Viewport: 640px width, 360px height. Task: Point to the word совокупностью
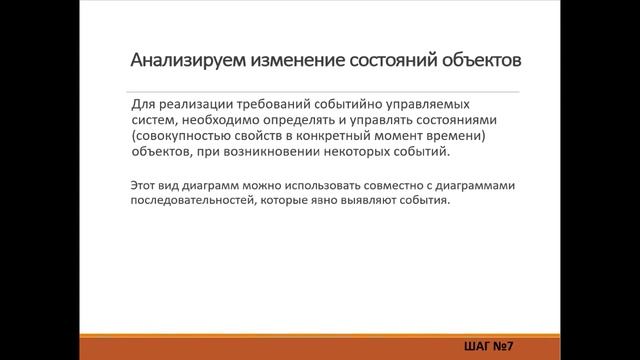click(181, 136)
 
